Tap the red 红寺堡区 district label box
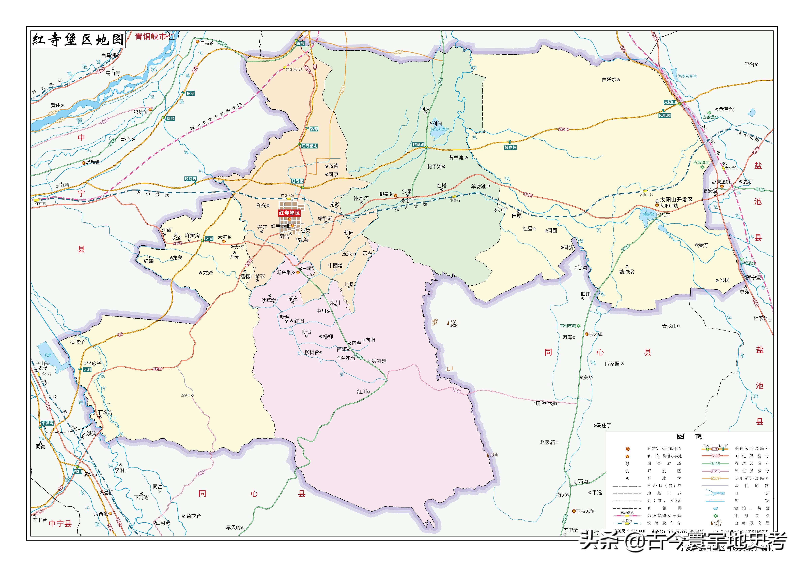289,213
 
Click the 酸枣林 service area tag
510,148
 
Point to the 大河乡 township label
224,237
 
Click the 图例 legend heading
689,436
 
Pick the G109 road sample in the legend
715,456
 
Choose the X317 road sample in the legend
715,471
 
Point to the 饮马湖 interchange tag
191,179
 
